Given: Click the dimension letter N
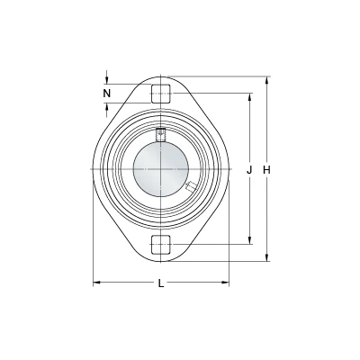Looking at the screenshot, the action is [x=107, y=94].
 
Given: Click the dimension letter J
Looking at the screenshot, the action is [x=249, y=170].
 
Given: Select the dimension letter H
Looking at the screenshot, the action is [x=266, y=170].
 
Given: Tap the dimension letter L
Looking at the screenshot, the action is [x=161, y=283].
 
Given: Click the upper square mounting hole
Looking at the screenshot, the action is [x=161, y=94].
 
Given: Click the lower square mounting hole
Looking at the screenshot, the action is [x=161, y=244].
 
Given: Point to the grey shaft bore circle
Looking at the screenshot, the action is [x=161, y=169].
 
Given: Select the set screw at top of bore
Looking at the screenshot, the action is [x=161, y=134].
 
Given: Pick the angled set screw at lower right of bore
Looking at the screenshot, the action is [x=190, y=186].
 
